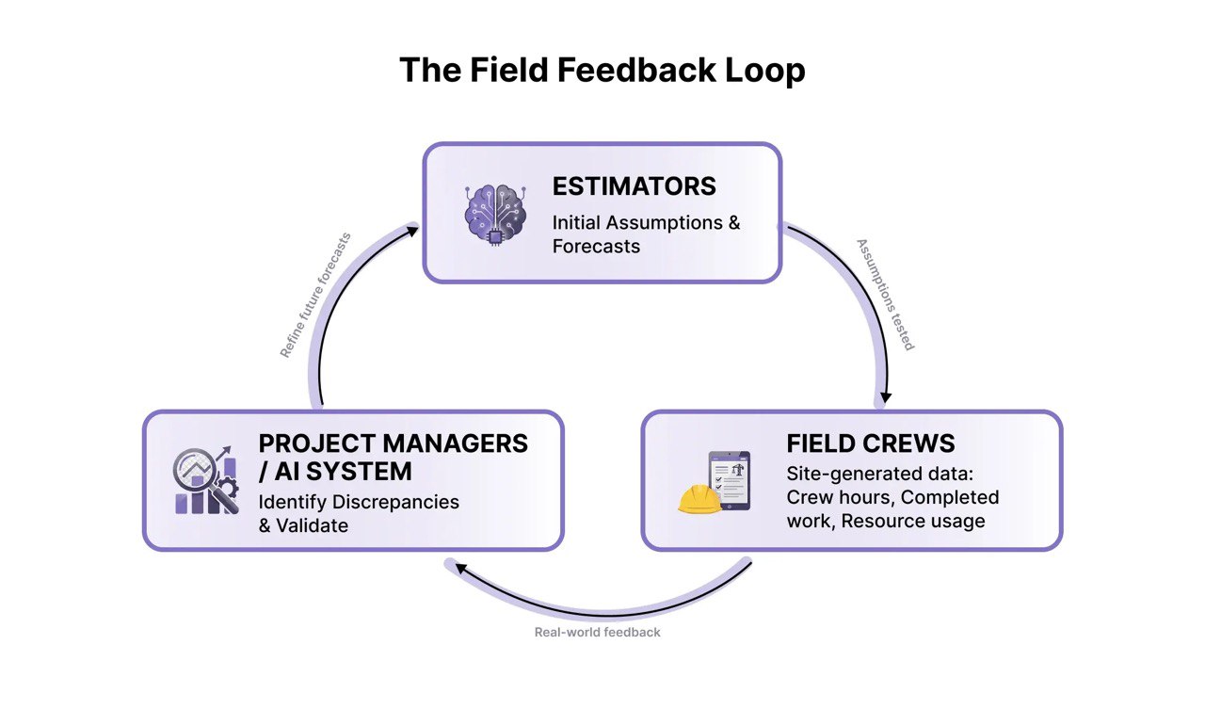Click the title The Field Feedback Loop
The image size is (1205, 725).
coord(602,71)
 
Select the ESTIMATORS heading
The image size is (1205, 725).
coord(634,186)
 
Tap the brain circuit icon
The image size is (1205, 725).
coord(495,214)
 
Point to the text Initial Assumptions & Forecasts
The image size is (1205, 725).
coord(646,234)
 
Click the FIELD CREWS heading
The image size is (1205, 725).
coord(870,443)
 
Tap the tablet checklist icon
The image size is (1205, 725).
coord(731,479)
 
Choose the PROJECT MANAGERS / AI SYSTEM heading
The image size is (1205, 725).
coord(393,456)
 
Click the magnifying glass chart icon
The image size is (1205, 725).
coord(204,480)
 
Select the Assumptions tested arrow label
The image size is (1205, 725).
coord(885,294)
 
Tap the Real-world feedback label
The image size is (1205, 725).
coord(597,632)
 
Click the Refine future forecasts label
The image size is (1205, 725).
coord(315,295)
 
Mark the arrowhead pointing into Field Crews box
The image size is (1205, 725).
coord(885,397)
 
